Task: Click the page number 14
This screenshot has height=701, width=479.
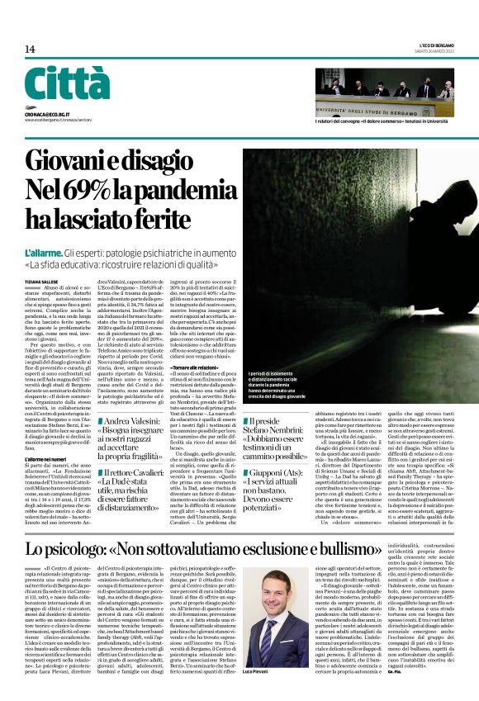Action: pyautogui.click(x=30, y=50)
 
